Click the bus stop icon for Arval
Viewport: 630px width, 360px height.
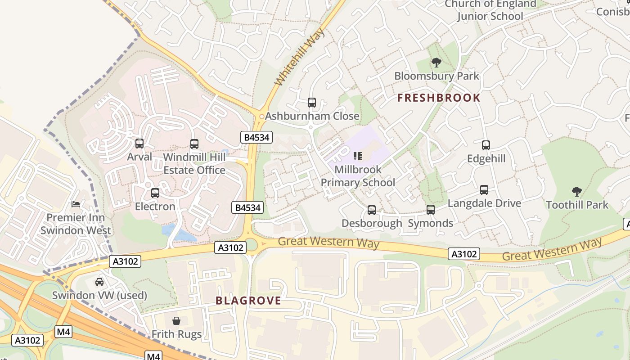click(139, 144)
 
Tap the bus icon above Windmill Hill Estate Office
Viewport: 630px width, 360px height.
click(194, 144)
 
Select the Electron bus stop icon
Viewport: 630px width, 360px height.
click(155, 193)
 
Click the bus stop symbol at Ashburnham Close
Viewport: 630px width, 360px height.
click(312, 103)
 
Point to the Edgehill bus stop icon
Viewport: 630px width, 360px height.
click(486, 145)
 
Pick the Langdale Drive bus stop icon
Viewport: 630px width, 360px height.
click(484, 190)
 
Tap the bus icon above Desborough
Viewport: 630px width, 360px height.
click(372, 210)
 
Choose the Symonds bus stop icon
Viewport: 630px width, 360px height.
click(431, 210)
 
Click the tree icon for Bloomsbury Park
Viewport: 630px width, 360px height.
click(436, 63)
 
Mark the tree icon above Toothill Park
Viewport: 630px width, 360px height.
click(577, 192)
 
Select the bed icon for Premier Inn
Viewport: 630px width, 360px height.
click(76, 205)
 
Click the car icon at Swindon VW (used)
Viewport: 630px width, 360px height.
click(99, 282)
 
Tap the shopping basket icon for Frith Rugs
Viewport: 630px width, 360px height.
click(176, 321)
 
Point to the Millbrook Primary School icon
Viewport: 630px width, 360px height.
click(358, 156)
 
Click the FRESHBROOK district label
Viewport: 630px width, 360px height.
click(439, 98)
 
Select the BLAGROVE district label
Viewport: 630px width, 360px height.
click(248, 301)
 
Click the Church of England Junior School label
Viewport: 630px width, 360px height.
click(490, 10)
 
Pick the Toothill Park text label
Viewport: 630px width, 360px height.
click(577, 205)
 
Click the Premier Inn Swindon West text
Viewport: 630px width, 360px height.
click(76, 224)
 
